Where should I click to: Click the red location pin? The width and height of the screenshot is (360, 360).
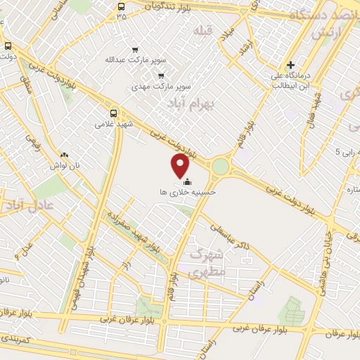click(181, 166)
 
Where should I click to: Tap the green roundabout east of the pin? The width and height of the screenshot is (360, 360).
click(221, 167)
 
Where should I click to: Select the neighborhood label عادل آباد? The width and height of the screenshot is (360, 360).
click(29, 205)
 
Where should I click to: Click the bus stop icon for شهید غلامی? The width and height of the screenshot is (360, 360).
click(114, 112)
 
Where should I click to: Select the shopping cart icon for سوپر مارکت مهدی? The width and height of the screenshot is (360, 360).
click(162, 76)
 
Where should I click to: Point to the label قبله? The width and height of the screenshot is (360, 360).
click(203, 30)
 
